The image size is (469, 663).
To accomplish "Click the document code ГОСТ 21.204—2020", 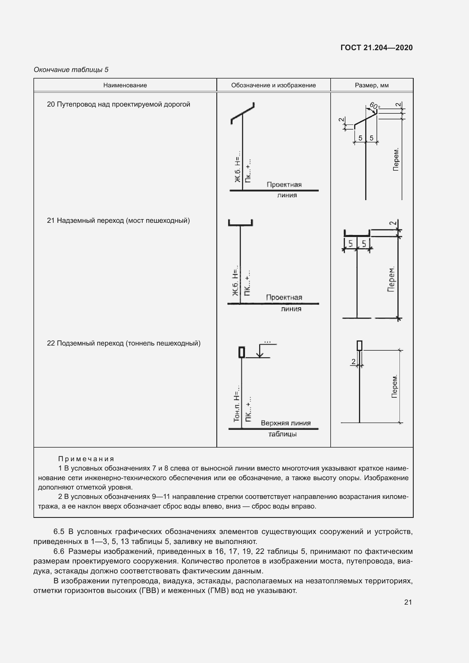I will point(376,48).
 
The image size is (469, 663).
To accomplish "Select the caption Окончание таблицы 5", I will point(71,70).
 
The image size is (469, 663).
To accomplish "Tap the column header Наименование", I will point(125,85).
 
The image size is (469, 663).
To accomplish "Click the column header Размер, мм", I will point(371,85).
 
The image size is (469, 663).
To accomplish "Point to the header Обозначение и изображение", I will point(273,85).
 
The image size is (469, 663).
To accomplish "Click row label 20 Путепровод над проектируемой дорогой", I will point(119,104).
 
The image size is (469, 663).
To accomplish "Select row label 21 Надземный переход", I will point(118,221).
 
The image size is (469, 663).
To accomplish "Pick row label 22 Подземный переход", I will point(124,343).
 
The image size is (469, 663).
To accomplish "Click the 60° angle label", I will point(375,106).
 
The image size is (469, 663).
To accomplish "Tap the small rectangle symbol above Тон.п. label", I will point(242,352).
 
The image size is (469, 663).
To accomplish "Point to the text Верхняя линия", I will point(286,423).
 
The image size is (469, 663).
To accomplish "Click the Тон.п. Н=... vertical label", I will point(237,403).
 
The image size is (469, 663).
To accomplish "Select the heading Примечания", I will point(86,459).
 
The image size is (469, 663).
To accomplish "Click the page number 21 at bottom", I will point(408,602).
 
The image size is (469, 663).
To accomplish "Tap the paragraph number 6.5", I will point(59,531).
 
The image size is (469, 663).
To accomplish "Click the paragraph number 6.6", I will point(59,551).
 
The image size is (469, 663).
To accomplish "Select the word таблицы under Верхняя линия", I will point(282,434).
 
